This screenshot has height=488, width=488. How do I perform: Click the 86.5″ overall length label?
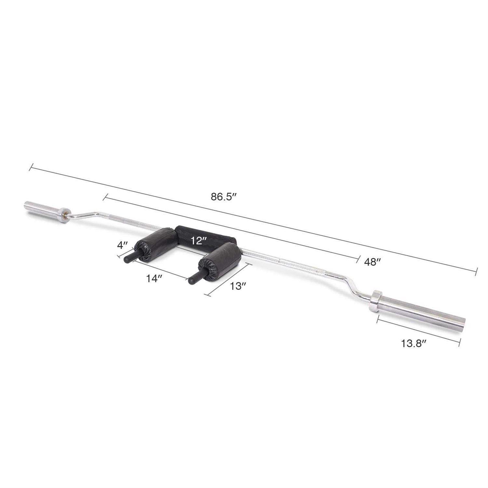[x=223, y=197]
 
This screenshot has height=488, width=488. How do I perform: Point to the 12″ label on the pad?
[x=199, y=241]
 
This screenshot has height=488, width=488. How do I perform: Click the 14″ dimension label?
[x=154, y=279]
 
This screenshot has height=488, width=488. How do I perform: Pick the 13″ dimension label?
[x=238, y=286]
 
